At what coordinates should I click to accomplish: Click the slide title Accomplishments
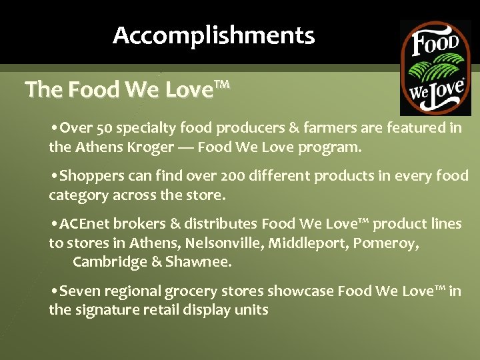click(x=213, y=35)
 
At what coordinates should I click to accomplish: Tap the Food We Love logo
click(x=435, y=67)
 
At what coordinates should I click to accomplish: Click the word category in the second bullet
click(x=77, y=195)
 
